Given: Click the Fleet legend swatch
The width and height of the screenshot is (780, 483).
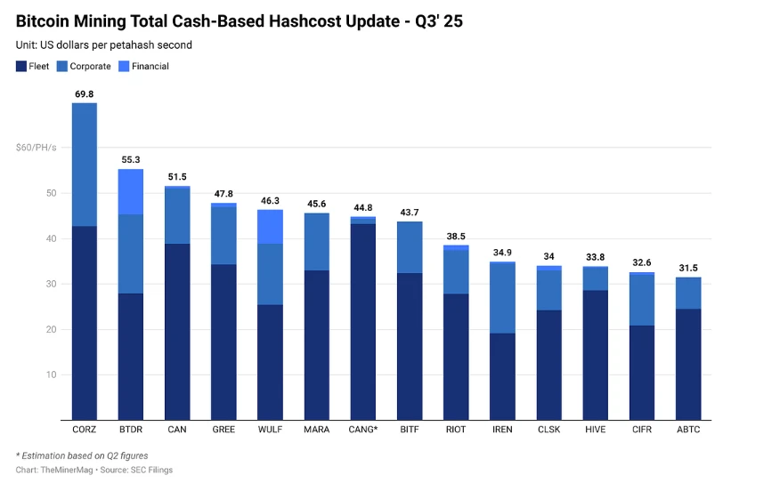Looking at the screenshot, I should click(20, 66).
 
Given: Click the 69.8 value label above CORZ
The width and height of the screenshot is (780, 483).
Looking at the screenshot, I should click(85, 93).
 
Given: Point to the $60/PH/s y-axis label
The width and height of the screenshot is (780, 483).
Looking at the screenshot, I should click(36, 148).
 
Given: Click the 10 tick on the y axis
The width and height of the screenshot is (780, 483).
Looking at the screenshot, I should click(52, 374).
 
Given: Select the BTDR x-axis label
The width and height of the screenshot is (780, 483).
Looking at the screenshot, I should click(131, 430).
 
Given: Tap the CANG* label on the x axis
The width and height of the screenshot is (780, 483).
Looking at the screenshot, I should click(362, 430).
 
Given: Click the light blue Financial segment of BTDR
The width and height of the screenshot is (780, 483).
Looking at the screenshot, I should click(131, 191).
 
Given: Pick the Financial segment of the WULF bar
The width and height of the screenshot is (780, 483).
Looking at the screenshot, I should click(270, 227).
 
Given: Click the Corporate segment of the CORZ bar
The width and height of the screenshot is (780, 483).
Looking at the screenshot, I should click(85, 165).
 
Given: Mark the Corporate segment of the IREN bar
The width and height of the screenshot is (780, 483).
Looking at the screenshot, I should click(502, 298).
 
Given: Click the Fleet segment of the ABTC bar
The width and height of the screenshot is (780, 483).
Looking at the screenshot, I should click(687, 364).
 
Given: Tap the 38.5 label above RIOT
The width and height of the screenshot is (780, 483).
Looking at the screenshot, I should click(456, 236).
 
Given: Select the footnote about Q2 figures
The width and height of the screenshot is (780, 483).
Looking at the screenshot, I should click(82, 455).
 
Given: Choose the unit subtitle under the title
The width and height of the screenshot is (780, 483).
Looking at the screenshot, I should click(104, 44).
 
